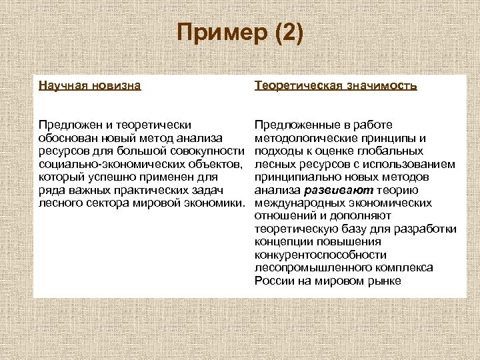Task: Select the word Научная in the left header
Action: pos(62,85)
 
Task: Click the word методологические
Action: pos(303,138)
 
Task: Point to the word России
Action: pos(272,281)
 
